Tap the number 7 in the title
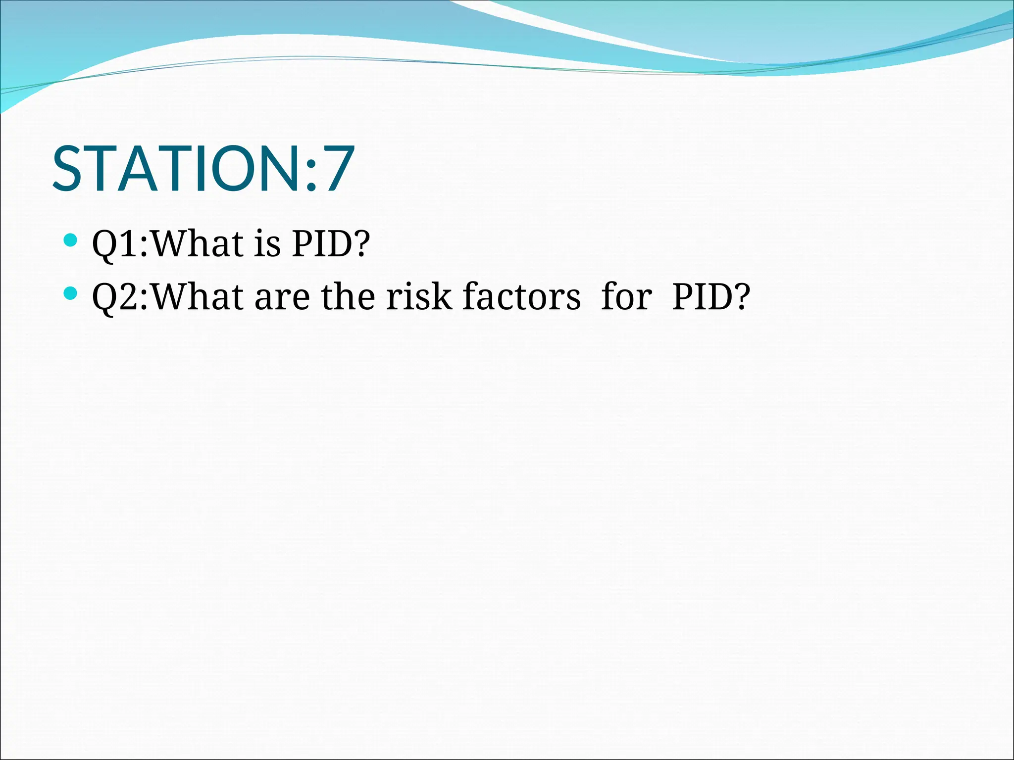[338, 169]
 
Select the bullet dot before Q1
[71, 241]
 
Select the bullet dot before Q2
[71, 294]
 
